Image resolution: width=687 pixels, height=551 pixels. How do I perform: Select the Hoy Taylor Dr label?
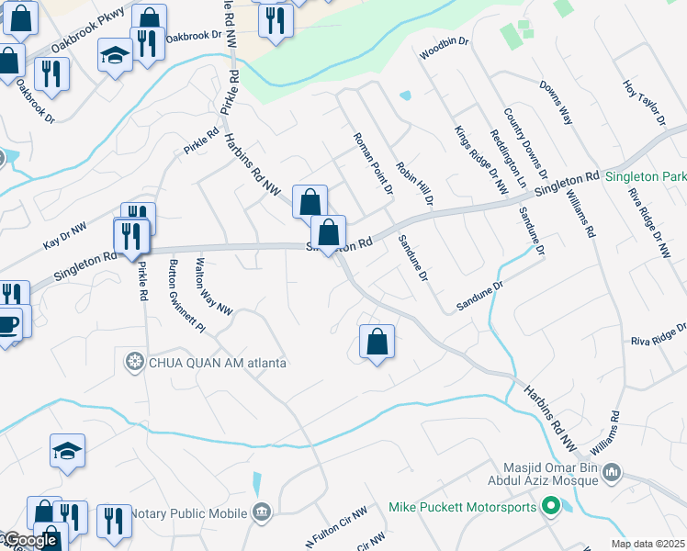pyautogui.click(x=643, y=102)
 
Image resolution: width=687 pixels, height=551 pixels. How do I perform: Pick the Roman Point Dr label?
pyautogui.click(x=373, y=163)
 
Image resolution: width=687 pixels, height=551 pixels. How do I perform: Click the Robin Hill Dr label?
pyautogui.click(x=414, y=184)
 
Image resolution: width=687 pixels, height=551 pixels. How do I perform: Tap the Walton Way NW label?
pyautogui.click(x=213, y=285)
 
